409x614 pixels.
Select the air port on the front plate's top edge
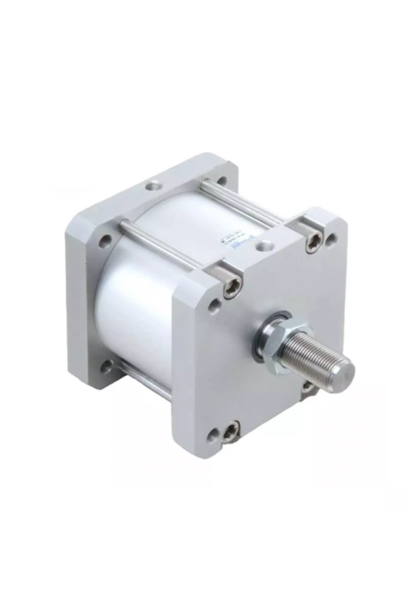point(264,243)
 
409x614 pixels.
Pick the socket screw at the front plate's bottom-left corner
point(230,430)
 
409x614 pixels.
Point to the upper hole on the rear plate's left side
point(104,241)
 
